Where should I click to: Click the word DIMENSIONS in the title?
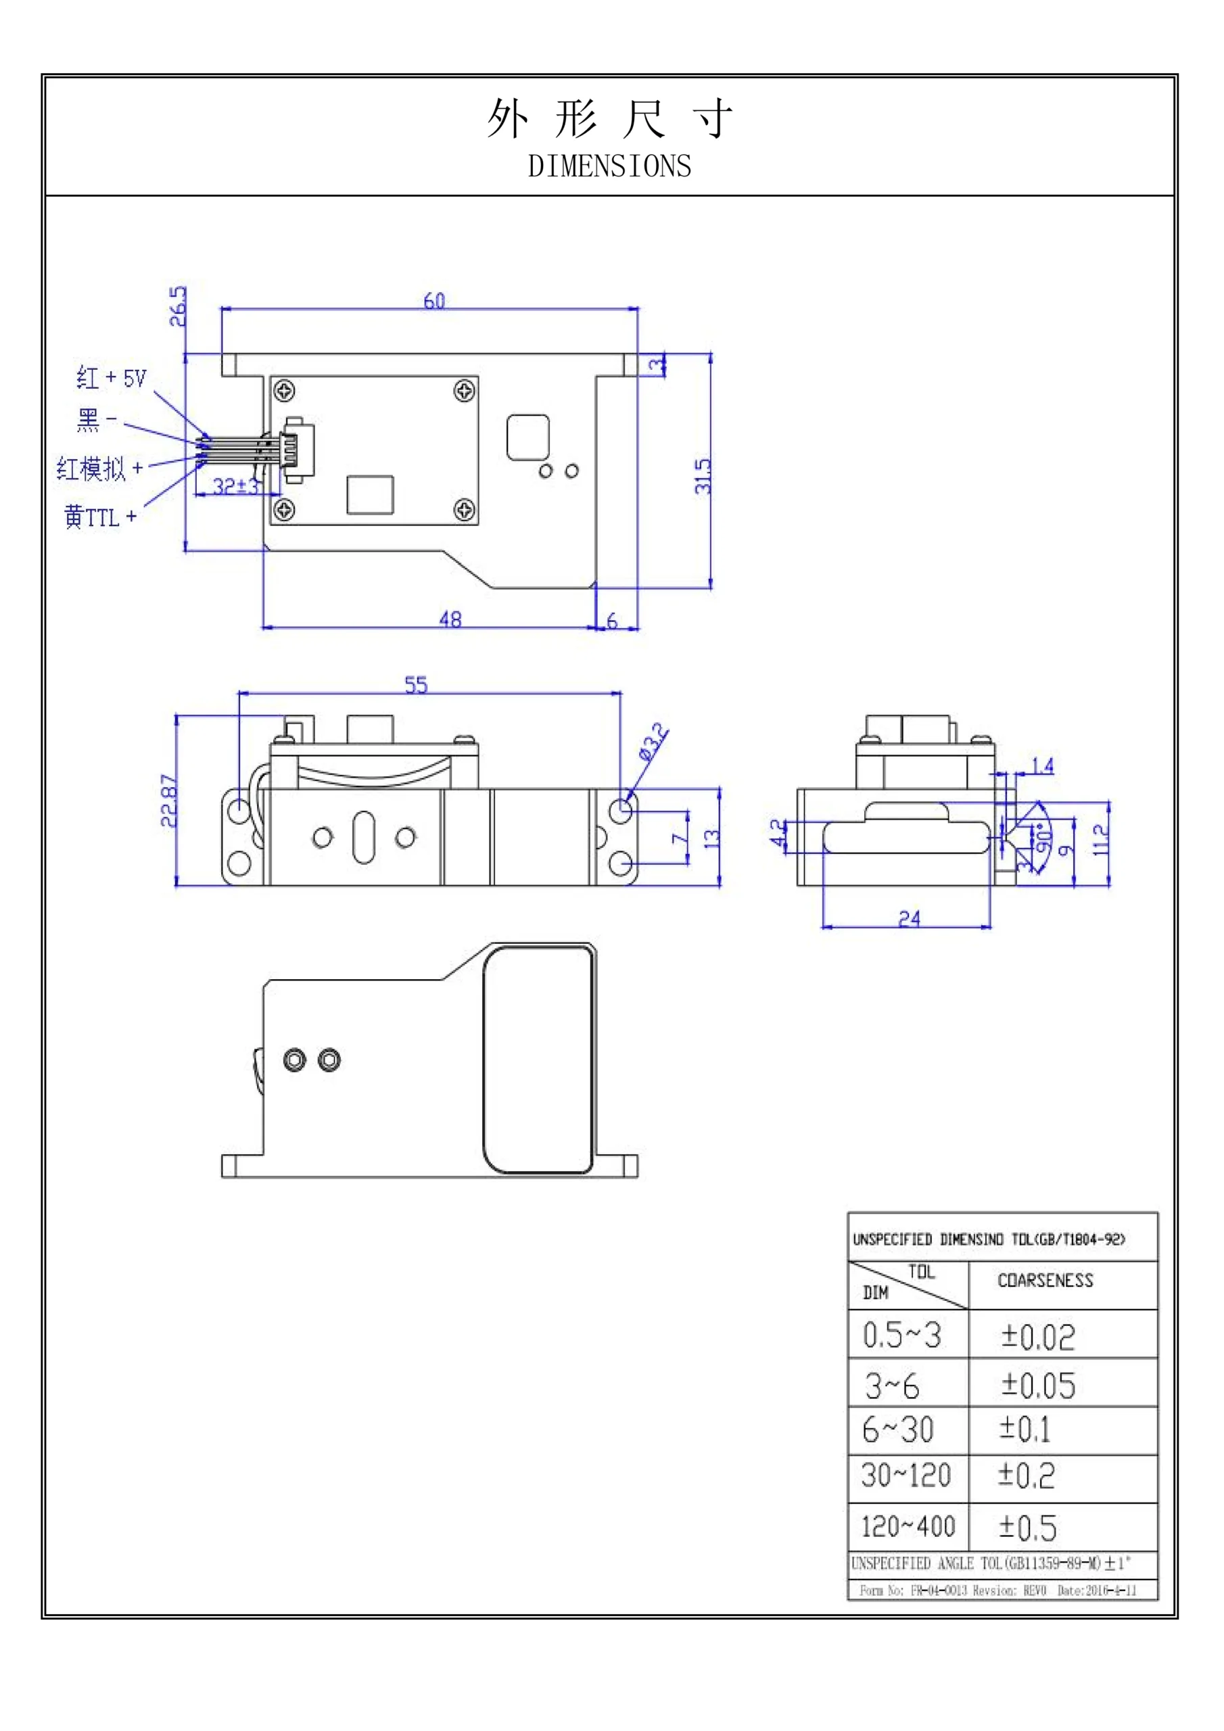(x=609, y=166)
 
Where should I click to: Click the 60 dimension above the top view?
(x=434, y=302)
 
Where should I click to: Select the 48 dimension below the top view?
(x=450, y=619)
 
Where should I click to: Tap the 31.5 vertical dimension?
(x=703, y=476)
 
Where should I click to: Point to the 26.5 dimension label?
(x=177, y=306)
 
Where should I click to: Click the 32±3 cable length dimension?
(x=235, y=486)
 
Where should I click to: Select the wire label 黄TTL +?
(x=100, y=517)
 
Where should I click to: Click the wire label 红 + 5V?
(x=112, y=378)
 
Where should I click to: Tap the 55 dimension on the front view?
(x=417, y=684)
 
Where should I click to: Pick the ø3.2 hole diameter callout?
(x=653, y=741)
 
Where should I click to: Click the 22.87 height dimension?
(x=170, y=801)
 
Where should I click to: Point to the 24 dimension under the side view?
(x=909, y=918)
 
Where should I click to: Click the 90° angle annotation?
(x=1043, y=838)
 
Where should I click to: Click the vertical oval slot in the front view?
(x=364, y=837)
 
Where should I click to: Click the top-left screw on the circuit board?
(x=284, y=391)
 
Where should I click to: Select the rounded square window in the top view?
(x=528, y=437)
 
